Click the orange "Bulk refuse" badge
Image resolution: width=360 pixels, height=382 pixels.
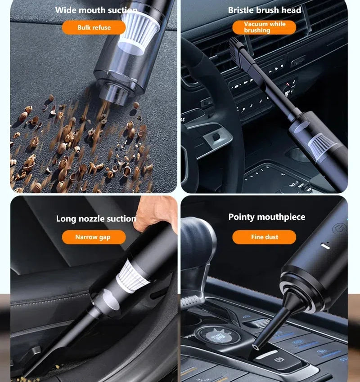coord(94,27)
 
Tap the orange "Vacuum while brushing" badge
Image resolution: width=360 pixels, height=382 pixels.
coord(264,27)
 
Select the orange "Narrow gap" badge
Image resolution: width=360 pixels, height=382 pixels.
coord(94,237)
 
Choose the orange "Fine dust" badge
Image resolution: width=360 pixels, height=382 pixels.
coord(264,237)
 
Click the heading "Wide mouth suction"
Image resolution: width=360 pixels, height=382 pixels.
coord(96,10)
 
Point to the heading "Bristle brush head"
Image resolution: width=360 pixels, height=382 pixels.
coord(265,10)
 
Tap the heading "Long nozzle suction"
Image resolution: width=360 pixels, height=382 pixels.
coord(96,219)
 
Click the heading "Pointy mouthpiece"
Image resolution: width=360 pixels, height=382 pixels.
coord(267,217)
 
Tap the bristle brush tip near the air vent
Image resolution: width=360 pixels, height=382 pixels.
coord(236,46)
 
